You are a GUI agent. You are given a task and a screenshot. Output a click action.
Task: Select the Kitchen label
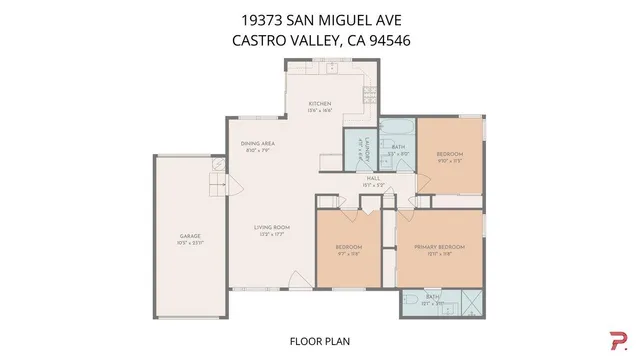pyautogui.click(x=319, y=104)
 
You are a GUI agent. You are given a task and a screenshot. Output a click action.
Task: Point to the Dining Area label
pyautogui.click(x=258, y=144)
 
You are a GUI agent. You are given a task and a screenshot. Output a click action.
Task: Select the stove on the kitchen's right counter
pyautogui.click(x=370, y=92)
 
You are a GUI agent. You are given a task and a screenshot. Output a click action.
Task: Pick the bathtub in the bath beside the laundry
pyautogui.click(x=399, y=129)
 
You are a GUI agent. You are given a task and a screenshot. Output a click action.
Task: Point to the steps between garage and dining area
pyautogui.click(x=215, y=185)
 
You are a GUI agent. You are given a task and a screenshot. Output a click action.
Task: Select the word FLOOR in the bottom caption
pyautogui.click(x=304, y=341)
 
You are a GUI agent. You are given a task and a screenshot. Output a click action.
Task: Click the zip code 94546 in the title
pyautogui.click(x=391, y=41)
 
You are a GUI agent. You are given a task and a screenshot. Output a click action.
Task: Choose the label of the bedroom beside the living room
pyautogui.click(x=348, y=247)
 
